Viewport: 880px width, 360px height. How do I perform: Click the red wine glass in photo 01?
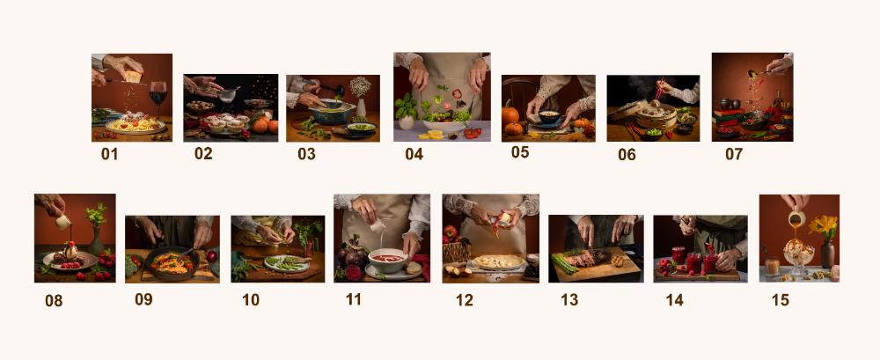coord(158,95)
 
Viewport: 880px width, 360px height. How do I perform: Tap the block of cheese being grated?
coord(133,77)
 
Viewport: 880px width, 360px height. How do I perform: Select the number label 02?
coord(203,153)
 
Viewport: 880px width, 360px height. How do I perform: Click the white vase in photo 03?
coord(361,107)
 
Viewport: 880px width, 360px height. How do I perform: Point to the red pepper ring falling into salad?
coord(457,94)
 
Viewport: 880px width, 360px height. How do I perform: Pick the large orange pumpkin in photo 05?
coord(510,114)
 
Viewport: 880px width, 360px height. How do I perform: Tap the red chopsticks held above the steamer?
coord(658,89)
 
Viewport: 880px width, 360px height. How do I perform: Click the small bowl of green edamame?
coord(654,133)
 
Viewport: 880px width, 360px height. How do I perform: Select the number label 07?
coord(734,154)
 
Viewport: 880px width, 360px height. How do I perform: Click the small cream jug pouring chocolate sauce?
coord(62,222)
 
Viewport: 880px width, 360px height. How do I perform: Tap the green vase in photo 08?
coord(96,241)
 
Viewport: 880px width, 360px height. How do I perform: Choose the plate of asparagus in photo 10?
coord(287,263)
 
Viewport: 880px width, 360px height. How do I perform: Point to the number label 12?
coord(464,300)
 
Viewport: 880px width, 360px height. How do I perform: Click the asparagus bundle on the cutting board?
coord(565,263)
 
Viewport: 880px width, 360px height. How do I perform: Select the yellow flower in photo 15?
coord(824,226)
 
